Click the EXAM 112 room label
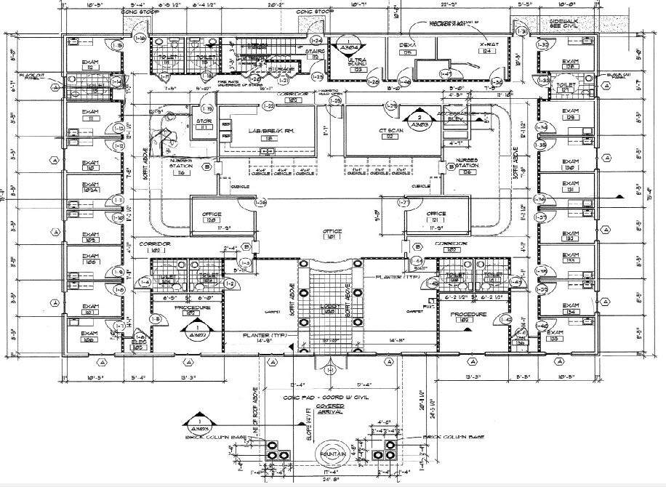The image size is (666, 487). point(90,63)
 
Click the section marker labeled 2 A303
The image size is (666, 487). point(419,120)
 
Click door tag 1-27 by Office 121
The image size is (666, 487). point(406,203)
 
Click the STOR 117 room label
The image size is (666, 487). point(204,124)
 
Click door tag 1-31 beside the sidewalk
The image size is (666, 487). point(521,31)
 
